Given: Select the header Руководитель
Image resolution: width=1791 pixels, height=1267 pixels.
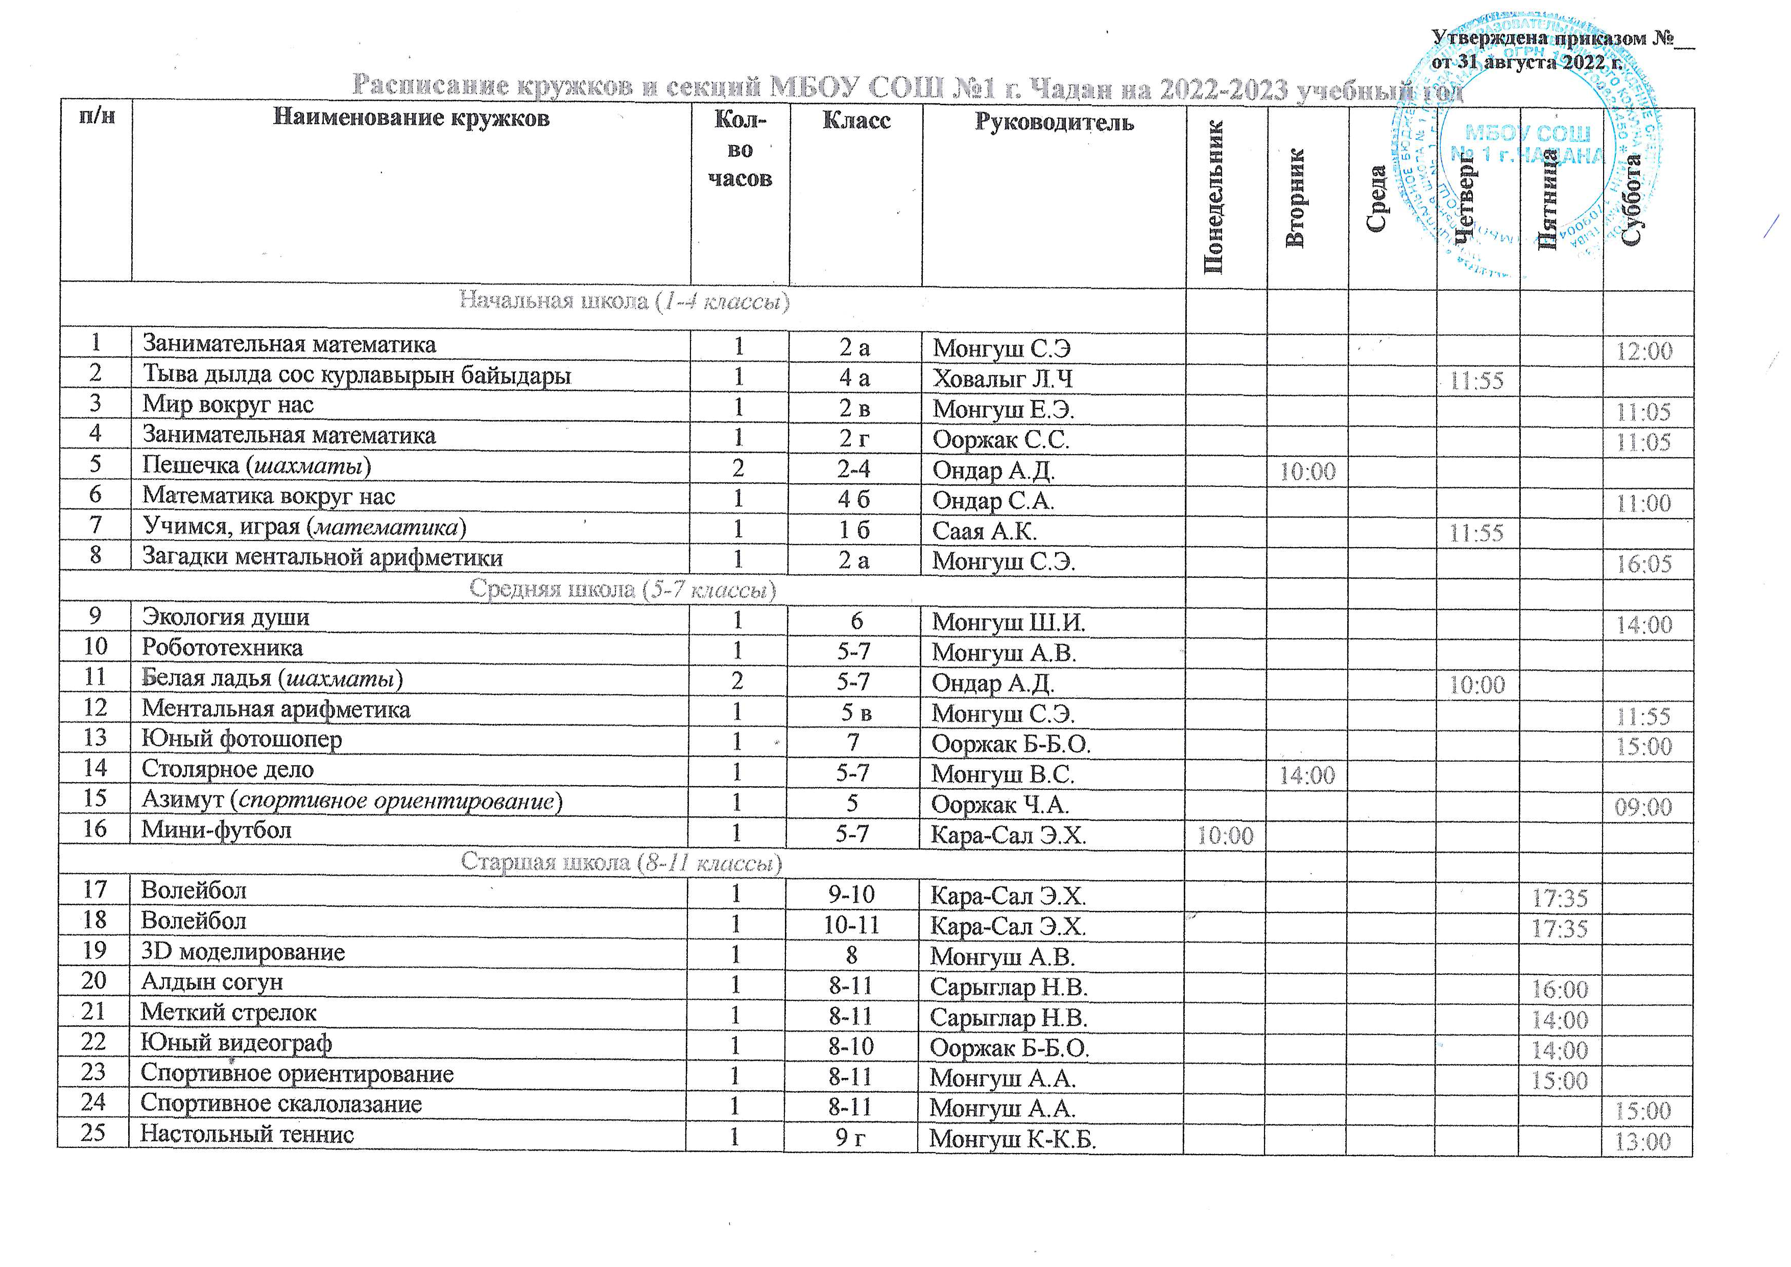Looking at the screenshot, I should (x=1054, y=123).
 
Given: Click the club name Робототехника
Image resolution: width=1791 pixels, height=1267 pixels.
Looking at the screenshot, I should (x=222, y=647).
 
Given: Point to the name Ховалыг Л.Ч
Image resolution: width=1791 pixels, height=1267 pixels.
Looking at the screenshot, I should (x=1002, y=379).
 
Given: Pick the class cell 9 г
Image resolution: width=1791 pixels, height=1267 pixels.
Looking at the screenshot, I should (x=850, y=1138).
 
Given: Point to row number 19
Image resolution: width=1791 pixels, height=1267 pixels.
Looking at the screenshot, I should (x=93, y=951).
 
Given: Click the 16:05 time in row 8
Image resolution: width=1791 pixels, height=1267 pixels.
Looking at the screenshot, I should (x=1643, y=564).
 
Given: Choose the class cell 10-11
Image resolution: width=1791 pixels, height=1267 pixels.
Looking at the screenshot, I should (x=851, y=926).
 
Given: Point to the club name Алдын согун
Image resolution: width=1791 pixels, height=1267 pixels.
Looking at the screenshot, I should (x=211, y=982).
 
